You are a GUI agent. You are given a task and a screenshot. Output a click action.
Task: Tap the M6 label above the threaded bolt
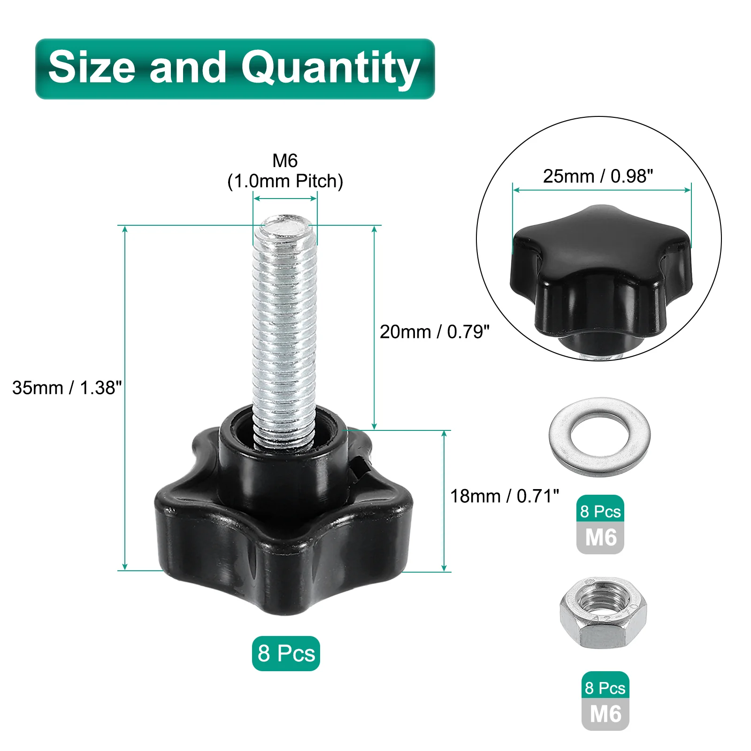coord(285,161)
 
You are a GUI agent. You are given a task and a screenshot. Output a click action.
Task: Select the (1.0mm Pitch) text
coord(285,181)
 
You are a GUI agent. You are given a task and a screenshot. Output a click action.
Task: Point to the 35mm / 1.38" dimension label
coord(67,388)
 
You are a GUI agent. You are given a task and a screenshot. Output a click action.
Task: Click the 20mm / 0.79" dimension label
coord(434,331)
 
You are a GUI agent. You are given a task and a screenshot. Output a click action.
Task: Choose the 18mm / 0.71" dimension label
coord(505,496)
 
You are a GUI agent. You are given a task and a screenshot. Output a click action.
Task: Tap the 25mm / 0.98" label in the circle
coord(598,176)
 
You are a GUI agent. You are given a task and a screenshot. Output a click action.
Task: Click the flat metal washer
coord(555,437)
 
